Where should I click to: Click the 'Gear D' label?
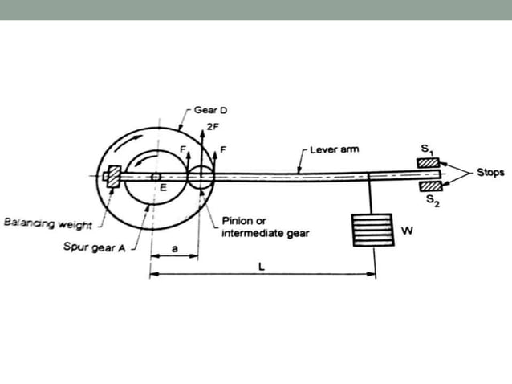[x=210, y=110]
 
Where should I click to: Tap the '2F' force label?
[x=213, y=127]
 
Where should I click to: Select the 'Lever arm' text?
[x=335, y=149]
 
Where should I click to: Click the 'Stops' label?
[x=490, y=172]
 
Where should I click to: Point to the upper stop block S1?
[x=428, y=163]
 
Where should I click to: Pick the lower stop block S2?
[x=431, y=186]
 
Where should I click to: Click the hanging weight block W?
[x=372, y=230]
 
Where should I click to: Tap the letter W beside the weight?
[x=407, y=231]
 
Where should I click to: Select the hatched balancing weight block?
[x=114, y=177]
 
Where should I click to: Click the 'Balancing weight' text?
[x=47, y=223]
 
